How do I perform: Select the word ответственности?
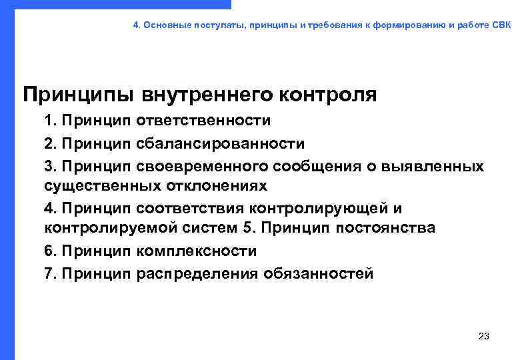pos(204,121)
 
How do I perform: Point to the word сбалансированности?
pos(221,143)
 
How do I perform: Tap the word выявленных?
pos(433,165)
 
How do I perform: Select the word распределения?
pos(197,273)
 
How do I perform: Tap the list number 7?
pos(50,273)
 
